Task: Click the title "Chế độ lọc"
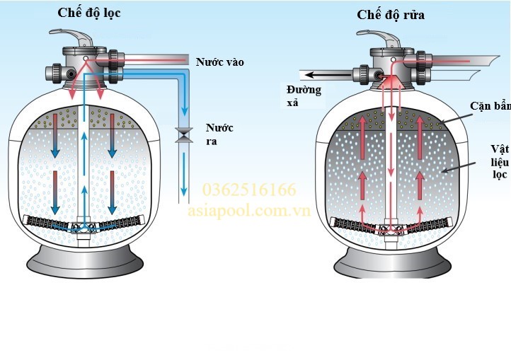[88, 13]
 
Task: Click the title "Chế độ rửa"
[391, 14]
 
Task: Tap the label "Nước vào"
[220, 62]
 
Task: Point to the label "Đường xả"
[304, 95]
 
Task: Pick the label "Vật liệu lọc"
[500, 161]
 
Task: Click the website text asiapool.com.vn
[249, 211]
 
